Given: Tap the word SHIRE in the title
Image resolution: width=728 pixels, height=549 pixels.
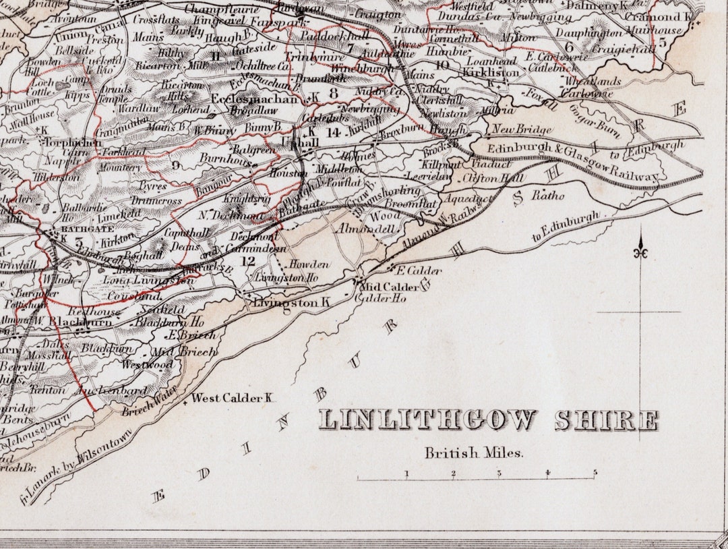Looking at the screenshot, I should (x=606, y=420).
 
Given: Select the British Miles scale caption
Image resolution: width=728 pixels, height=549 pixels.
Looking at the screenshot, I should (x=473, y=453).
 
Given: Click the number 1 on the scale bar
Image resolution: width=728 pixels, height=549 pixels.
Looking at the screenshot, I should (x=406, y=473).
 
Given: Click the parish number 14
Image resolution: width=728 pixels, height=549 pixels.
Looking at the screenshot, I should (x=333, y=132).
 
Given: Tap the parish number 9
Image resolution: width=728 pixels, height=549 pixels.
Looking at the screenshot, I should (x=177, y=163).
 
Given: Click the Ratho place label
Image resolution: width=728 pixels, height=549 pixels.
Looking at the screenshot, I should (x=547, y=196).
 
